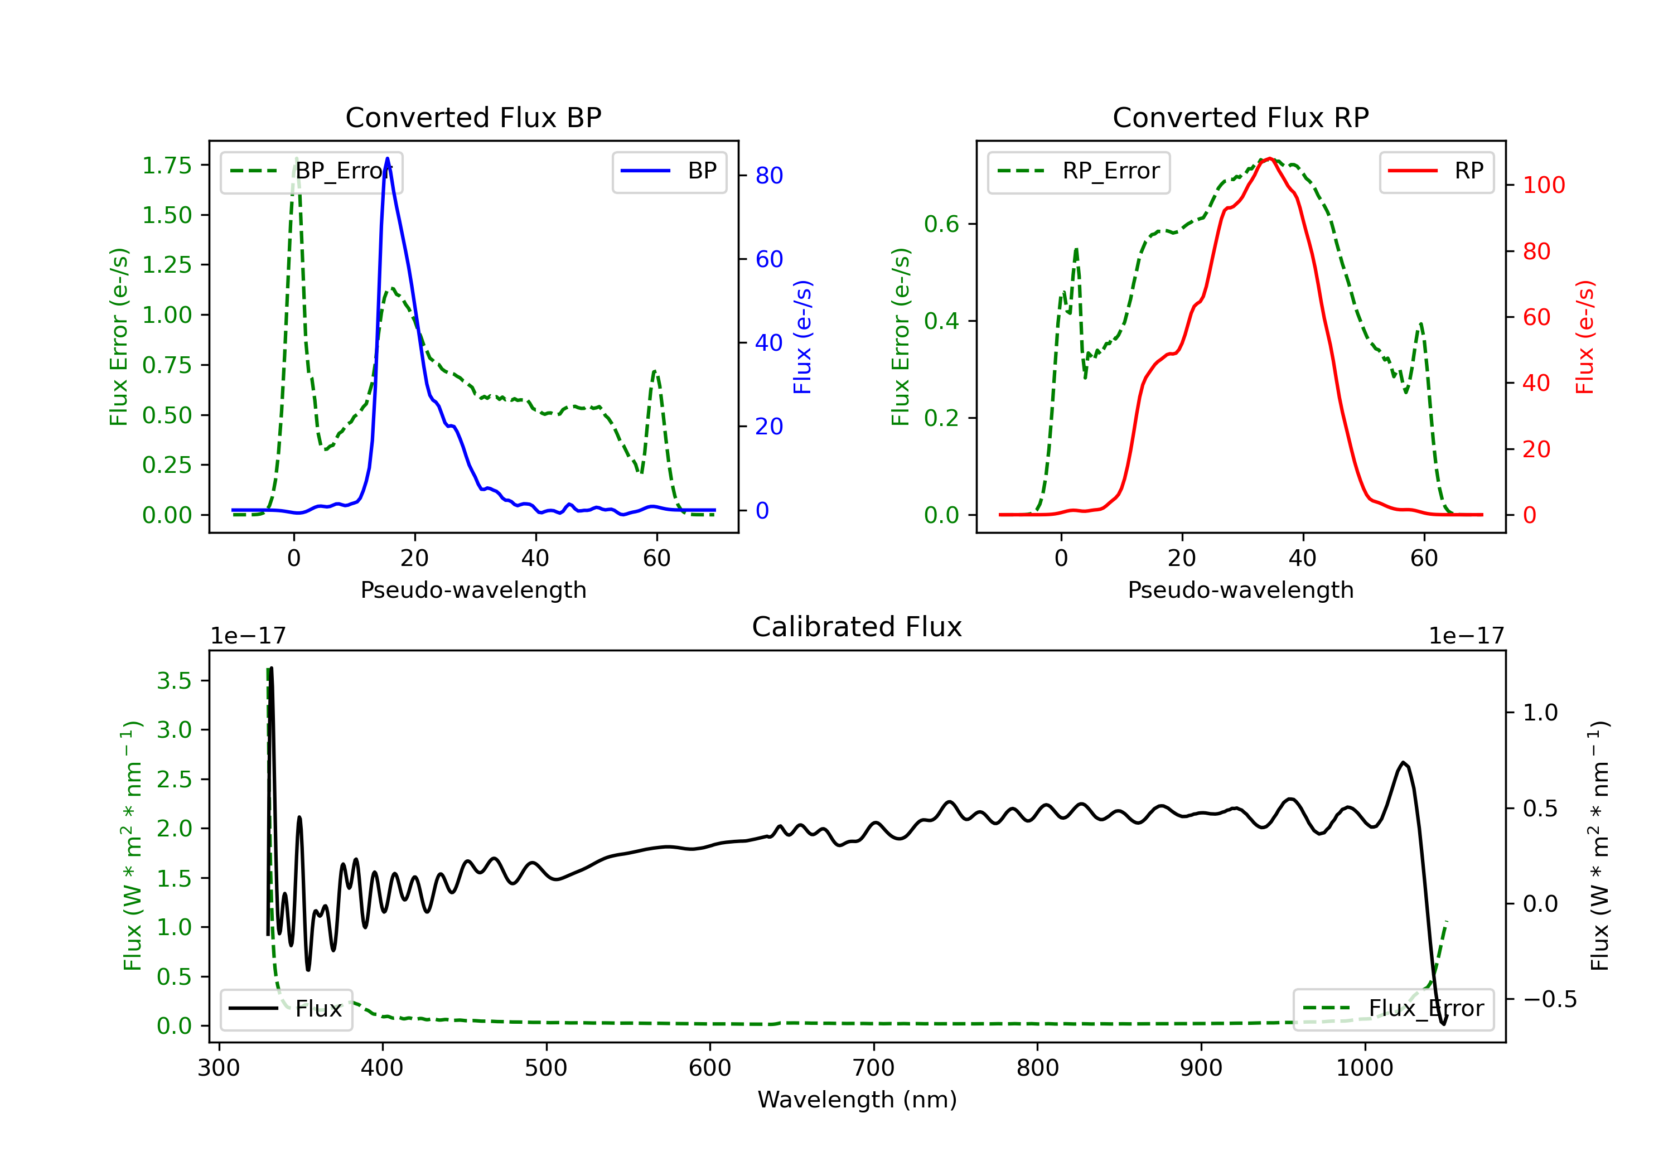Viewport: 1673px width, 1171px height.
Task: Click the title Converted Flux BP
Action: (x=473, y=117)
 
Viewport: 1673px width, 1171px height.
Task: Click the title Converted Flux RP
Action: (x=1240, y=117)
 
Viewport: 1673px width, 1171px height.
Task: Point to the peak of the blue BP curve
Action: (x=387, y=159)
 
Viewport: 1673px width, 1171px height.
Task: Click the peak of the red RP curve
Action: (x=1269, y=158)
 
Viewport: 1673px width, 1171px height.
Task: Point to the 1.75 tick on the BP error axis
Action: (x=167, y=166)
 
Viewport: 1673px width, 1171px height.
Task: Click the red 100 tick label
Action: (x=1543, y=185)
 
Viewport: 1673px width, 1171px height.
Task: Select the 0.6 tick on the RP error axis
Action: (x=941, y=224)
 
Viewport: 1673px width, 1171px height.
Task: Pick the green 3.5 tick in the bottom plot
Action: (x=173, y=681)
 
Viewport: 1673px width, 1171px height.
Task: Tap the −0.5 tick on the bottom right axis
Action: (x=1549, y=999)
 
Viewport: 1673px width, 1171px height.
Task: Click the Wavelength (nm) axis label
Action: (x=857, y=1100)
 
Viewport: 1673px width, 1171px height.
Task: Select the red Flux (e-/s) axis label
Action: (x=1585, y=337)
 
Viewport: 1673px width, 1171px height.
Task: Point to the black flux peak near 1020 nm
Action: (x=1403, y=763)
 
